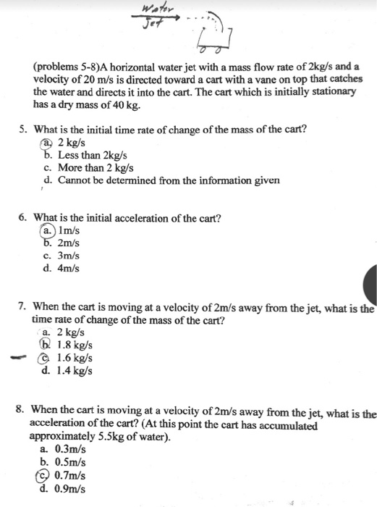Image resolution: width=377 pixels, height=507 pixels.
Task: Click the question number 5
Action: [x=23, y=130]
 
